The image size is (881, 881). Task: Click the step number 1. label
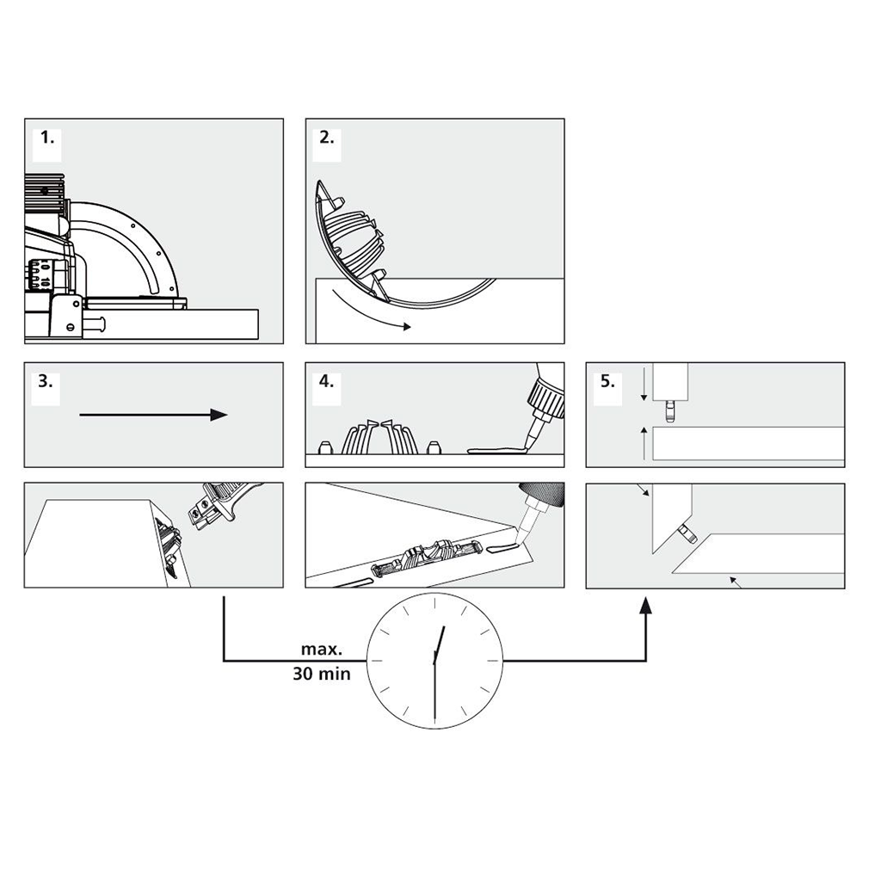pyautogui.click(x=47, y=138)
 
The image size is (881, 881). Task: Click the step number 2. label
pyautogui.click(x=326, y=138)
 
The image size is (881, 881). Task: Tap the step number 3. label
pyautogui.click(x=46, y=381)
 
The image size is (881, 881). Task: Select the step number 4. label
pyautogui.click(x=326, y=381)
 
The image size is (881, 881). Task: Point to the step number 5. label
pyautogui.click(x=607, y=381)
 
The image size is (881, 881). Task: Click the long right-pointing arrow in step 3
pyautogui.click(x=153, y=416)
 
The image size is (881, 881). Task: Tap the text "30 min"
pyautogui.click(x=322, y=674)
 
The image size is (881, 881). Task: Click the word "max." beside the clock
pyautogui.click(x=322, y=650)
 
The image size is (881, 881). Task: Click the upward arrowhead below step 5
pyautogui.click(x=646, y=605)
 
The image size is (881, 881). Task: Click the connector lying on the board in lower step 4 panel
pyautogui.click(x=427, y=558)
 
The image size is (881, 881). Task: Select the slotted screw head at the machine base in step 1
pyautogui.click(x=71, y=327)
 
